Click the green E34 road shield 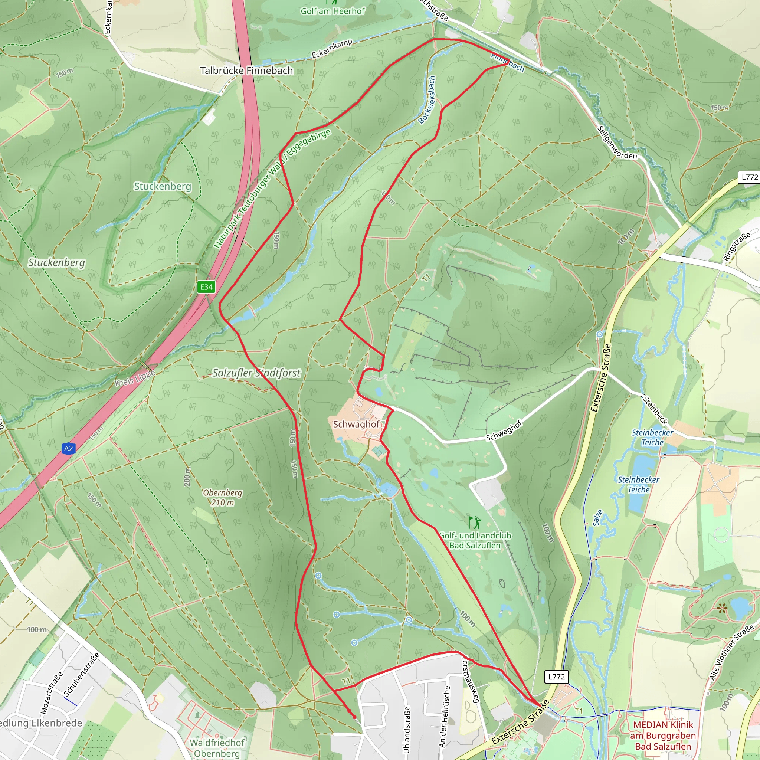(206, 287)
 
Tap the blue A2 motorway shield (68, 448)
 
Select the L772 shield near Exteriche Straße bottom (556, 677)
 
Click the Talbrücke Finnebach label (247, 71)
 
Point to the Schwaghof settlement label (356, 424)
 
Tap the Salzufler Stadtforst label (256, 373)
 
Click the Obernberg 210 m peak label (223, 497)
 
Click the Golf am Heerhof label (333, 11)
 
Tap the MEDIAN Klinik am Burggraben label (663, 735)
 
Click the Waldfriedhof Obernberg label (217, 748)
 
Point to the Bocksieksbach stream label (427, 100)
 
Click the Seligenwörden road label (616, 143)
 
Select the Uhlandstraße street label (407, 729)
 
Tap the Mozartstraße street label (52, 693)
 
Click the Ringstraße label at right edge (737, 247)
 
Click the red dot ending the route (354, 717)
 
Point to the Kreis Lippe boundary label (135, 378)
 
